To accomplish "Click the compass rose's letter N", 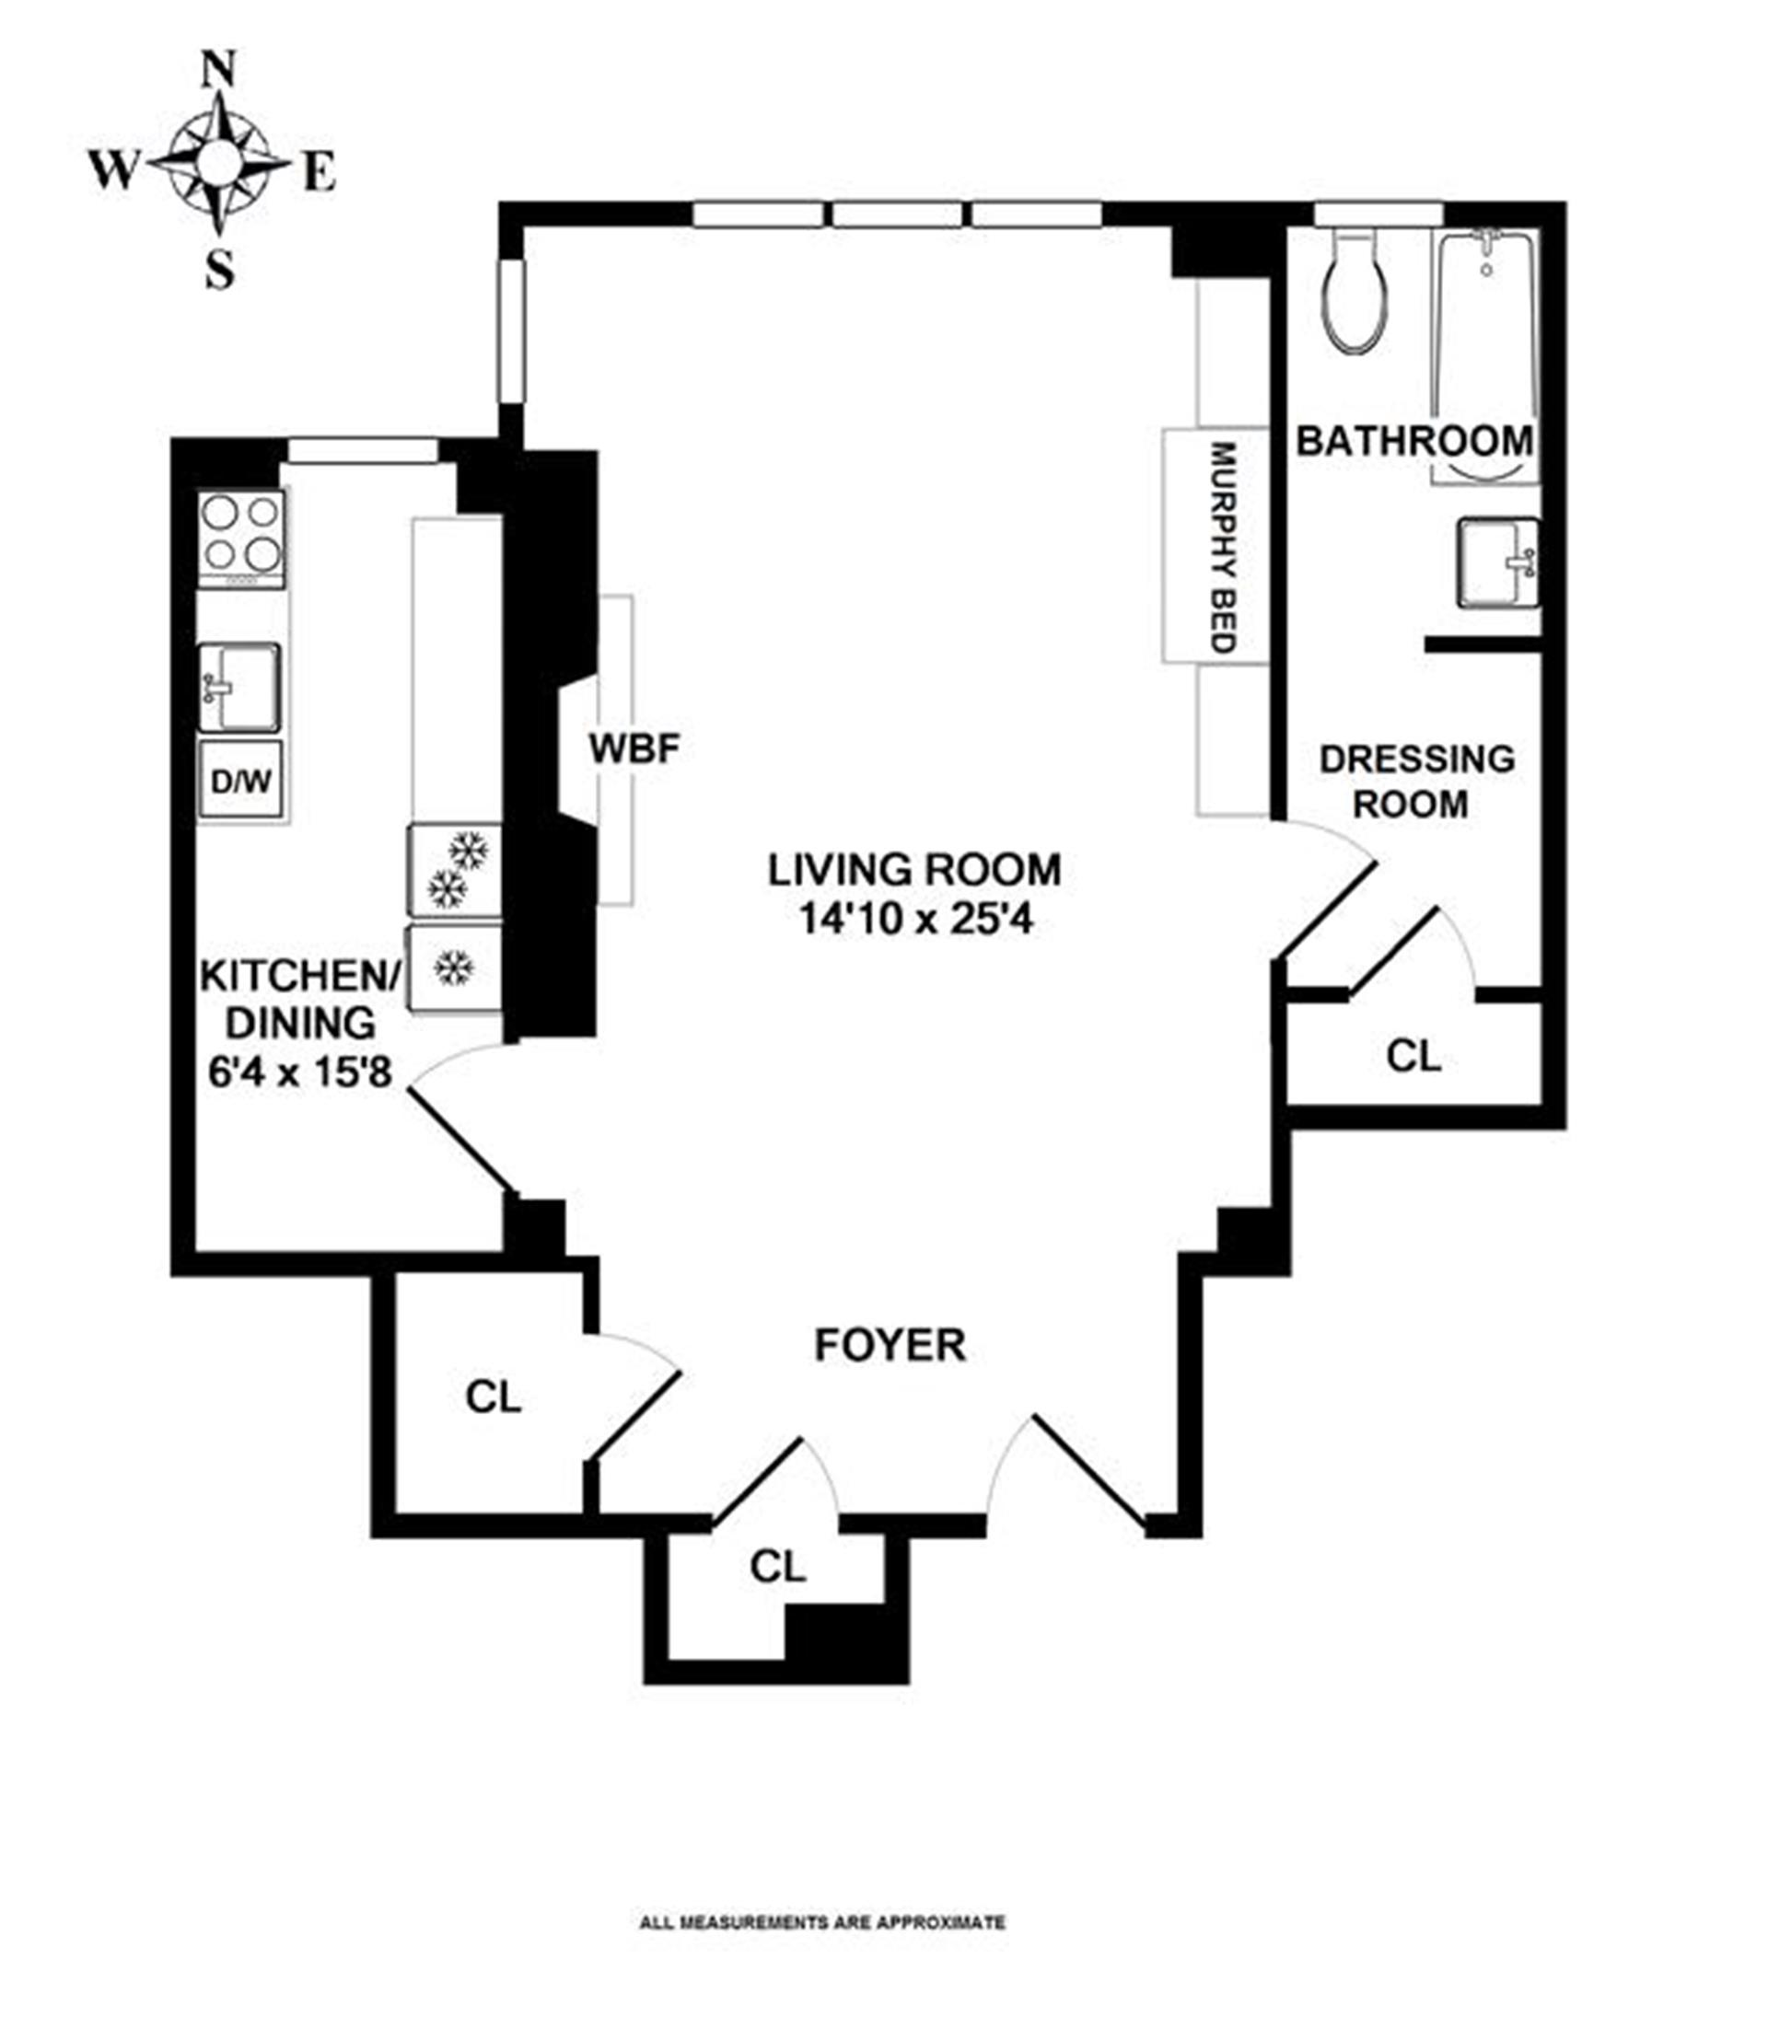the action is click(218, 71).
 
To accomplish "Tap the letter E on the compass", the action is click(319, 173).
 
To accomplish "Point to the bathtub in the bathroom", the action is click(1484, 355).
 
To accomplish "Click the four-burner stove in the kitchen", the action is click(241, 539).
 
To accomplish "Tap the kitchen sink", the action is click(238, 688).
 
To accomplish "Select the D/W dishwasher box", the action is click(240, 781).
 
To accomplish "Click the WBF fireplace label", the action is click(634, 748).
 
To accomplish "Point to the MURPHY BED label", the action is click(1224, 548).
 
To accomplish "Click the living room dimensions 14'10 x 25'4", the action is click(915, 920).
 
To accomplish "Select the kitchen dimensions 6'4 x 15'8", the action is click(301, 1072).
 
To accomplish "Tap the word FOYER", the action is click(890, 1346).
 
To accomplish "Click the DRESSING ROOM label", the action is click(1417, 782).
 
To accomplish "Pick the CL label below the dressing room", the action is click(1413, 1057).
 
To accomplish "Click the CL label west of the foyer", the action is click(494, 1397).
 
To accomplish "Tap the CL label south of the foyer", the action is click(777, 1567).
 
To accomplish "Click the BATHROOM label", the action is click(1414, 441).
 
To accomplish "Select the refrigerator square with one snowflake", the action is click(455, 968).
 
